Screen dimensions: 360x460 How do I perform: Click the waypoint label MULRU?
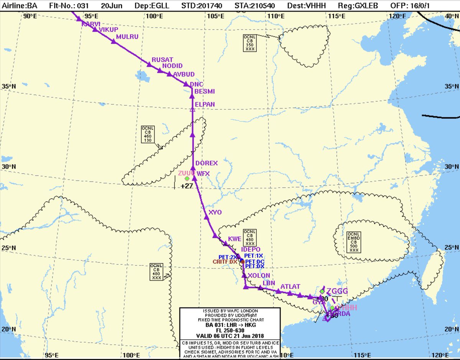tap(127, 37)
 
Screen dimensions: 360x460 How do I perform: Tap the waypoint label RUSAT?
tap(162, 60)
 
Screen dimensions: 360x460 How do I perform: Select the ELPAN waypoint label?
tap(205, 104)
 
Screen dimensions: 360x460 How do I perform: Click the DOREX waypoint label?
tap(206, 163)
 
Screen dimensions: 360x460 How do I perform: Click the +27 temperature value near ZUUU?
tap(187, 186)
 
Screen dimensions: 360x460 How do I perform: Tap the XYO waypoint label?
tap(215, 212)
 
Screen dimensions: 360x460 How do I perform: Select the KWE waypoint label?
tap(235, 239)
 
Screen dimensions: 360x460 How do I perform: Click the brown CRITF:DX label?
tap(225, 262)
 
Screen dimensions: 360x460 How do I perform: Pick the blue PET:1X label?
tap(254, 255)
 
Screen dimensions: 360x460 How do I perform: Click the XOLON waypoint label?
tap(259, 275)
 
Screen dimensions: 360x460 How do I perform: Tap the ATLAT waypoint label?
tap(290, 286)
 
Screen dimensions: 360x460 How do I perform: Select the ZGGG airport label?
tap(337, 291)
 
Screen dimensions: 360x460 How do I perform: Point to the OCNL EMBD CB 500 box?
tap(353, 242)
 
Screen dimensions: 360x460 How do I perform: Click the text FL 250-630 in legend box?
tap(230, 331)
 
